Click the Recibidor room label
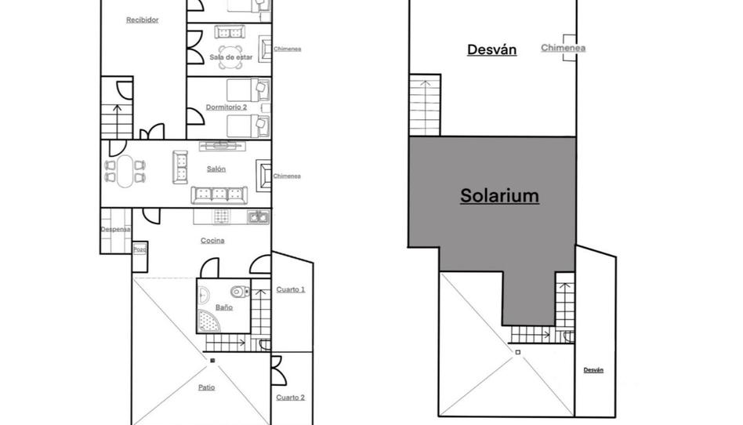coord(142,20)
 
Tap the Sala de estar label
coord(230,57)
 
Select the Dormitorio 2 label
coord(226,107)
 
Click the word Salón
coord(216,169)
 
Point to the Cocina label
coord(212,241)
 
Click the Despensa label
coord(115,230)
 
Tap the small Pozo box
coord(140,249)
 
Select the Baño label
coord(224,307)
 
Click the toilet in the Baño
coord(240,291)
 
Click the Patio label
coord(206,387)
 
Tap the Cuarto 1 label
coord(291,289)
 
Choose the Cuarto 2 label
coord(291,398)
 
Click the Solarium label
coord(499,195)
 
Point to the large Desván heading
coord(492,49)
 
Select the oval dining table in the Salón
coord(125,172)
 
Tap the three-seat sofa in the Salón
coord(219,195)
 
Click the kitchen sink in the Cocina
coord(258,217)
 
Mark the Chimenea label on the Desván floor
coord(563,48)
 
